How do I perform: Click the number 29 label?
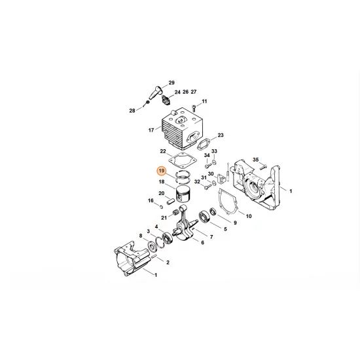pos(171,83)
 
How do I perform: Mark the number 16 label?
pos(150,200)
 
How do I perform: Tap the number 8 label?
pos(141,236)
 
